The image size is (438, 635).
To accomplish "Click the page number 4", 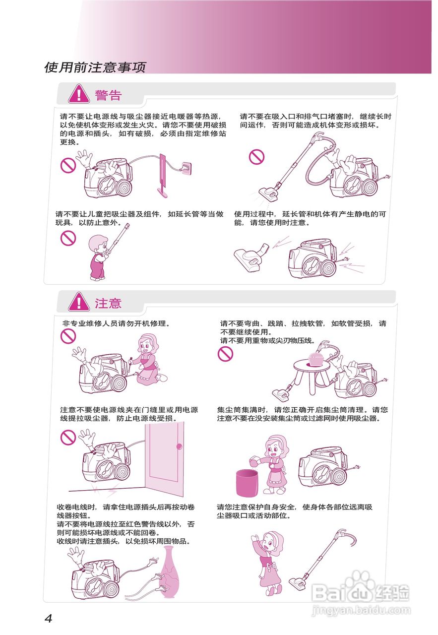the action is click(x=49, y=618).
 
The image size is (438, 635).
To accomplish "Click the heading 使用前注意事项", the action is click(x=95, y=67).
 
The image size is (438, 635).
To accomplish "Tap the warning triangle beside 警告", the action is click(x=79, y=94).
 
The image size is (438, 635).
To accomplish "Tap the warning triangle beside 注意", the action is click(x=79, y=302).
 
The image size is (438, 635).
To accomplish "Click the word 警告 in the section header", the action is click(x=108, y=95).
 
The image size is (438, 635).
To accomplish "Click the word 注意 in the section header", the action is click(x=108, y=303).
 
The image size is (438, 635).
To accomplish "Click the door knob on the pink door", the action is click(x=179, y=446).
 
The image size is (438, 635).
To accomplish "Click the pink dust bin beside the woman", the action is click(x=247, y=483).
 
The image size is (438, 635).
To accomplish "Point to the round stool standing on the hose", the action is click(x=312, y=375).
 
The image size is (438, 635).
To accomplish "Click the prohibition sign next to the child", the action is click(x=68, y=238).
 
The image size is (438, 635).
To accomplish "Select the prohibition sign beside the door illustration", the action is click(x=68, y=437).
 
